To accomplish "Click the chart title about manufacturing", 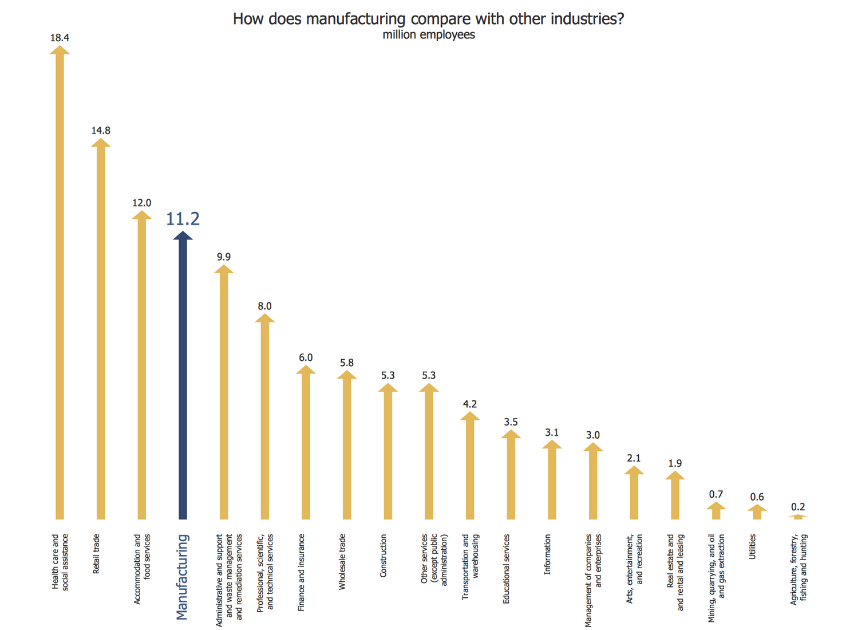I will point(428,19).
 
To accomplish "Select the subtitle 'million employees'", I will point(428,35).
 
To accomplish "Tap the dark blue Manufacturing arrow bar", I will point(183,378).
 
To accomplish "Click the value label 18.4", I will point(60,38).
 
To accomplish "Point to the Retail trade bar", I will point(101,332).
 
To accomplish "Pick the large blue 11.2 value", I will point(183,219).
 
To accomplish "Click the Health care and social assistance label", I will point(60,562).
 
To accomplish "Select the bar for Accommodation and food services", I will point(142,367).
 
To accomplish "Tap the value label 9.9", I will point(224,257).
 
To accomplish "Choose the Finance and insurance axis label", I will point(302,572).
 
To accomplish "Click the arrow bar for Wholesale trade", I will point(347,447).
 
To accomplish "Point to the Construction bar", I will point(388,452).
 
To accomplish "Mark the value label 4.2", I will point(470,404).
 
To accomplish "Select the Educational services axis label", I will point(506,569).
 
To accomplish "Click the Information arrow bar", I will point(552,481).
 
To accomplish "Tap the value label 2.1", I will point(634,458).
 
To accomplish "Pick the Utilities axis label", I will point(753,546).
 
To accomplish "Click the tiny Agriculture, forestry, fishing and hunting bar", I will point(798,517).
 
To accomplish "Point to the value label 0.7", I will point(716,494).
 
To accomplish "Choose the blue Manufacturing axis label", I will point(182,577).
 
